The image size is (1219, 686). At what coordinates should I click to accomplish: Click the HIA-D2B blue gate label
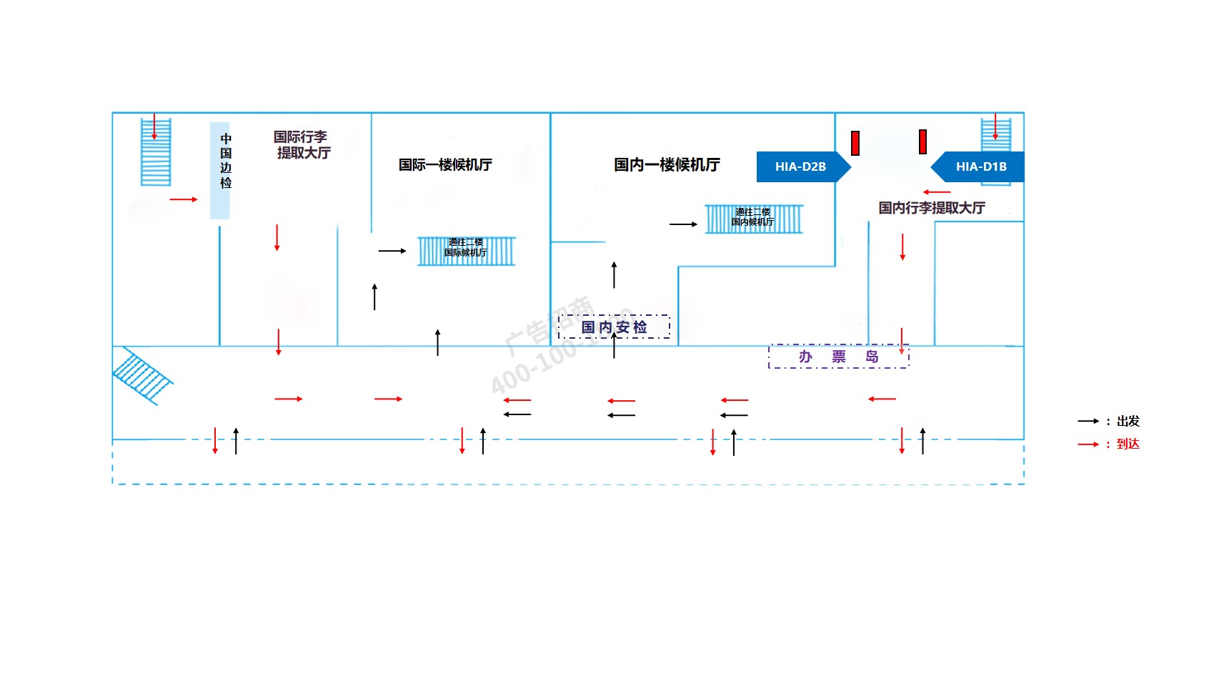pyautogui.click(x=801, y=166)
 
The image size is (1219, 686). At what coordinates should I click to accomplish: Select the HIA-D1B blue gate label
pyautogui.click(x=980, y=166)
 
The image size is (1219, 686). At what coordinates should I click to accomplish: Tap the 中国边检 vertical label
pyautogui.click(x=226, y=161)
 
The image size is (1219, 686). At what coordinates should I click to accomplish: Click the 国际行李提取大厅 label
pyautogui.click(x=302, y=144)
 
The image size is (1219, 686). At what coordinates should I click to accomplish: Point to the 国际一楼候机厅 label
pyautogui.click(x=445, y=165)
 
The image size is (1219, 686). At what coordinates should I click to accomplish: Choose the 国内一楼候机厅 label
pyautogui.click(x=667, y=165)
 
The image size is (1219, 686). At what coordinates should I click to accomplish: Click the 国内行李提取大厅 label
pyautogui.click(x=932, y=208)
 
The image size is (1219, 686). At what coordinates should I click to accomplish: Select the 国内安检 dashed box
pyautogui.click(x=614, y=327)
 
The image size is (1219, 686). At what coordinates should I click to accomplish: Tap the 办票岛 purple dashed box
pyautogui.click(x=838, y=357)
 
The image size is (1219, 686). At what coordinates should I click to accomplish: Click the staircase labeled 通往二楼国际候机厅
pyautogui.click(x=466, y=251)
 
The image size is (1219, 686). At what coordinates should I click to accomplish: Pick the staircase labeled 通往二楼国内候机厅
pyautogui.click(x=754, y=219)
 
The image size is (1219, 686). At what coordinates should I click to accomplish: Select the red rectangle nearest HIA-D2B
pyautogui.click(x=855, y=143)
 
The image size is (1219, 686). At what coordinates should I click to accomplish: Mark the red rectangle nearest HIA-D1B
pyautogui.click(x=922, y=141)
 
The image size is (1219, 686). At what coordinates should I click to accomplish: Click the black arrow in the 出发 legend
pyautogui.click(x=1088, y=422)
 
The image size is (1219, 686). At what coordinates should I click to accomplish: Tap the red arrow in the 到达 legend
pyautogui.click(x=1088, y=444)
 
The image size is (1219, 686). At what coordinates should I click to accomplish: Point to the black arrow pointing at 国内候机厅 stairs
pyautogui.click(x=683, y=224)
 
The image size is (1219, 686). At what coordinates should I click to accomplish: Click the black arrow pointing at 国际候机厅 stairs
pyautogui.click(x=392, y=251)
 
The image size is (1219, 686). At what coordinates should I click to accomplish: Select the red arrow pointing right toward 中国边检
pyautogui.click(x=184, y=199)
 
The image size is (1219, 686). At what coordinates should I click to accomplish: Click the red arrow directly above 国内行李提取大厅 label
pyautogui.click(x=937, y=192)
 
